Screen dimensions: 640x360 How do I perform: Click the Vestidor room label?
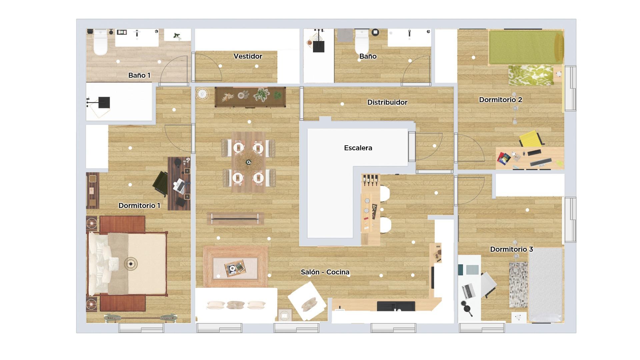pos(248,56)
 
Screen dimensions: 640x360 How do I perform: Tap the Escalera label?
pos(358,148)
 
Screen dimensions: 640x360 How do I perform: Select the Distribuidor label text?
pos(387,102)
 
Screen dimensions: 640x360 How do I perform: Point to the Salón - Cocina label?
pos(325,272)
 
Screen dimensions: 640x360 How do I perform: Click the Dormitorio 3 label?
pos(511,249)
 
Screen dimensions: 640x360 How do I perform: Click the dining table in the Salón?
pos(248,162)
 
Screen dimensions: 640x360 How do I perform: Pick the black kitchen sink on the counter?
pos(396,306)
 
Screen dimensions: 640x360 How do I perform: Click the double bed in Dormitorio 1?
pos(127,264)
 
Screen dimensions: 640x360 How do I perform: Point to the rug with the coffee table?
pos(235,267)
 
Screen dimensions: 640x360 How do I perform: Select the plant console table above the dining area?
pos(250,97)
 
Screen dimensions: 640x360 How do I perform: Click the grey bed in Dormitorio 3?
pos(546,285)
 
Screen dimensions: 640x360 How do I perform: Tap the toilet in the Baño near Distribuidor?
pos(362,42)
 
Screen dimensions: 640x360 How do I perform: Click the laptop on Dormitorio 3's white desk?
pos(469,291)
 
